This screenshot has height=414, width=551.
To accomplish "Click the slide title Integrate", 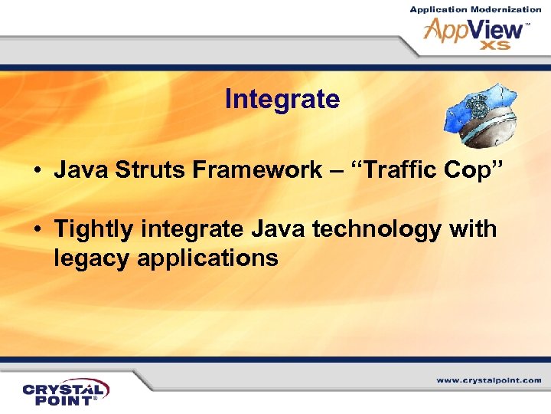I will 282,100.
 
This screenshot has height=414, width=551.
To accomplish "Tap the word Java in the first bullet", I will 77,170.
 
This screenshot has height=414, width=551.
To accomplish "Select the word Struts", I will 137,170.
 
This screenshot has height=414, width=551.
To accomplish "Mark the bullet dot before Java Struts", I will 37,171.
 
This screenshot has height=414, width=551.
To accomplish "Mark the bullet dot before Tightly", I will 37,229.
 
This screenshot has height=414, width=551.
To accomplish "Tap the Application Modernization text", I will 474,9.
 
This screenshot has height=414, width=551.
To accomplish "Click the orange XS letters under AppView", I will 495,45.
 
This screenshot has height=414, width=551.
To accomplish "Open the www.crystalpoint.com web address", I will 488,380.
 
